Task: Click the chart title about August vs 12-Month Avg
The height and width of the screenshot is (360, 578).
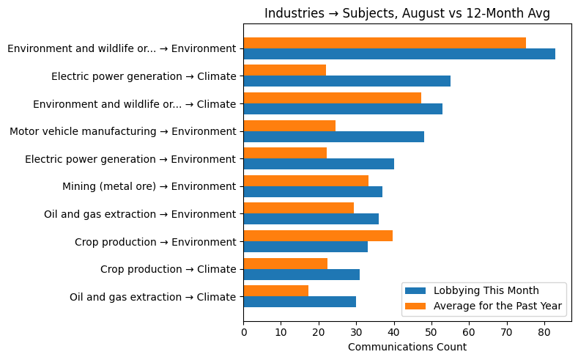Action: coord(407,13)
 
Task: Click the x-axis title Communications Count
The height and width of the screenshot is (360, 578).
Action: coord(407,347)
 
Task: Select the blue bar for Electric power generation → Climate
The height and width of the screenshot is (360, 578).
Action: coord(347,81)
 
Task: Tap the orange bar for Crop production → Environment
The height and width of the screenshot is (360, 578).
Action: coord(318,235)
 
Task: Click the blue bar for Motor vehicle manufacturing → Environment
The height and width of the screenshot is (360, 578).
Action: coord(333,136)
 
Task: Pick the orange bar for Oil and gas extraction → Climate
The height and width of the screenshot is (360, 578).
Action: coord(275,290)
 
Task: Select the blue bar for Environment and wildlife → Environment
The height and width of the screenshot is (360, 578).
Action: coord(399,54)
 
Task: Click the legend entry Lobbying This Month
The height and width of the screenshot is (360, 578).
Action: coord(486,290)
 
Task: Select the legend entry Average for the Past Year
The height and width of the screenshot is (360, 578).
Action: coord(497,306)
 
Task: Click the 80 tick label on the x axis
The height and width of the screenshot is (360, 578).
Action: coord(544,332)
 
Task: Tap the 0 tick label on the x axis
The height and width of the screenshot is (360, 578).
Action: coord(243,332)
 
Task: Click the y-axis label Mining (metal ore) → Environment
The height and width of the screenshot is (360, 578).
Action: coord(149,186)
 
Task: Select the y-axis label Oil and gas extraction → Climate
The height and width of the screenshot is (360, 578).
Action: coord(152,297)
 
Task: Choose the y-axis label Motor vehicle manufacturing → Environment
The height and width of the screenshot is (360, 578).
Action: coord(122,131)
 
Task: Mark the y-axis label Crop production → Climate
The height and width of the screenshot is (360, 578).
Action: coord(168,269)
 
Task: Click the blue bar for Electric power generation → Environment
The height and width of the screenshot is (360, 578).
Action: coord(319,164)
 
